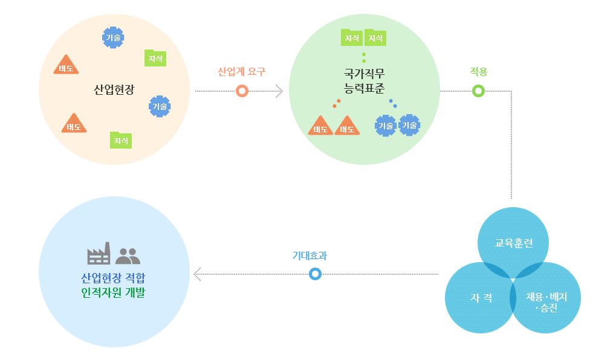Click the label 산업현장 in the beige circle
pos(114,90)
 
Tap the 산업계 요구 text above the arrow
pos(242,71)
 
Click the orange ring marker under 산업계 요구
pos(242,91)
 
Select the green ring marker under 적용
pos(478,91)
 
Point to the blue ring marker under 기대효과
pos(314,274)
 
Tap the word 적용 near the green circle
pos(478,71)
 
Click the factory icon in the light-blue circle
pos(99,254)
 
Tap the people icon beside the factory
pos(127,256)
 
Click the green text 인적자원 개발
pos(114,294)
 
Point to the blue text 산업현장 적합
pos(114,279)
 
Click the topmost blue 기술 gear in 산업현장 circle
pos(112,37)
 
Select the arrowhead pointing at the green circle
pos(279,91)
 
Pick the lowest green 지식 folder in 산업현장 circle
pos(120,141)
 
